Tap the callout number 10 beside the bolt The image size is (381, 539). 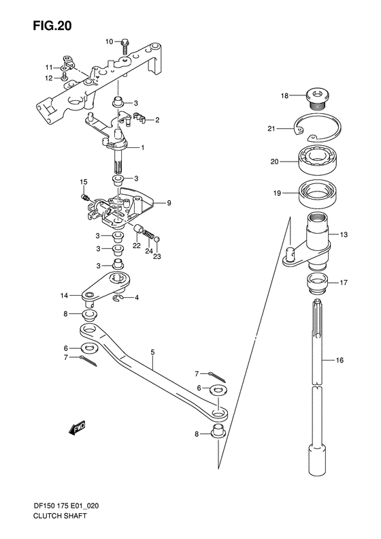[x=109, y=42]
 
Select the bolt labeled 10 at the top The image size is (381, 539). [x=126, y=45]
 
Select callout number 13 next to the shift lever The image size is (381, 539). [x=344, y=235]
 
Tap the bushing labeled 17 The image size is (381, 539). [x=314, y=281]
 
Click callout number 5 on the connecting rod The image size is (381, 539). [x=153, y=352]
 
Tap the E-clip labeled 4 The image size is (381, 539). [x=119, y=298]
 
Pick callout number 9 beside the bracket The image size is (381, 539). [x=169, y=202]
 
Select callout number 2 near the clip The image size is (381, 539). [x=157, y=121]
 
